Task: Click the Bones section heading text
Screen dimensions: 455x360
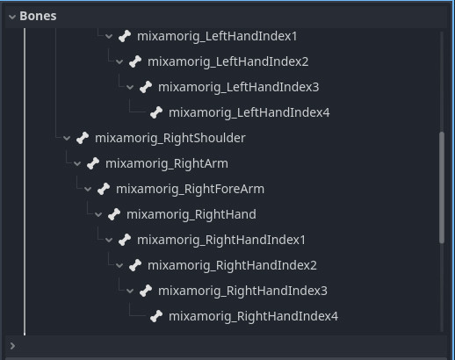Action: click(x=38, y=16)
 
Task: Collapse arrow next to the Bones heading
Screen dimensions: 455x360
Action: click(x=12, y=17)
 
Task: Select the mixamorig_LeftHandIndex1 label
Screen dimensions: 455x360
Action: click(x=217, y=37)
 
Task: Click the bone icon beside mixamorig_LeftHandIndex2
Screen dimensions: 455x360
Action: click(x=135, y=61)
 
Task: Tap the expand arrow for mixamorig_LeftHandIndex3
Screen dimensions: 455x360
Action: click(x=130, y=87)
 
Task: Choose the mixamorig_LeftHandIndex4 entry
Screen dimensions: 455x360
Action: click(x=249, y=113)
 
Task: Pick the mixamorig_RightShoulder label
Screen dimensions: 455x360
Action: click(x=170, y=138)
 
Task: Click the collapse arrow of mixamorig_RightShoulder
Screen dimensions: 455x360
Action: click(x=67, y=138)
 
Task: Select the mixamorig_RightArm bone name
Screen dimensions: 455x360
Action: click(x=167, y=163)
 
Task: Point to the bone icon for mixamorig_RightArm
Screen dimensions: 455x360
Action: click(x=93, y=163)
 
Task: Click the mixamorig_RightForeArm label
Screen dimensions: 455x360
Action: click(x=190, y=189)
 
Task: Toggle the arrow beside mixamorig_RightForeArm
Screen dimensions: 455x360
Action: click(x=88, y=189)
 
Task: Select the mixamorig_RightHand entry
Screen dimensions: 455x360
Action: click(x=191, y=214)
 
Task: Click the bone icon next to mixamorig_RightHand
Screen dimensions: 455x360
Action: click(x=114, y=214)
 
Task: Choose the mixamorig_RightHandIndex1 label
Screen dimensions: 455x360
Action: click(x=221, y=240)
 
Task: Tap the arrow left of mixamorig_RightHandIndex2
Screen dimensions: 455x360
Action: click(x=119, y=265)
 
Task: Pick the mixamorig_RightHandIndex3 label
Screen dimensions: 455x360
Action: click(x=242, y=291)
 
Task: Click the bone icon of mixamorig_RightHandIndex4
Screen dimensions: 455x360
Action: click(x=156, y=316)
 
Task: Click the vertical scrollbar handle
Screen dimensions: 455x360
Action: click(x=442, y=187)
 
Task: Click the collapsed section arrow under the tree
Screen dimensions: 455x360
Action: click(x=12, y=346)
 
